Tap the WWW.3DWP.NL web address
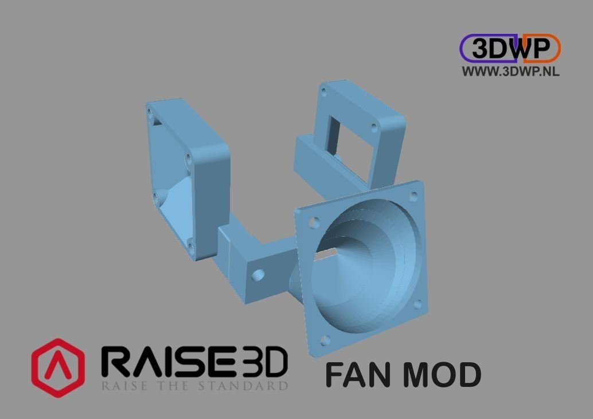510,71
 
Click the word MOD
441,375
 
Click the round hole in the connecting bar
258,276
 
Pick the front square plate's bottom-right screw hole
417,304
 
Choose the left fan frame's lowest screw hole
190,248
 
